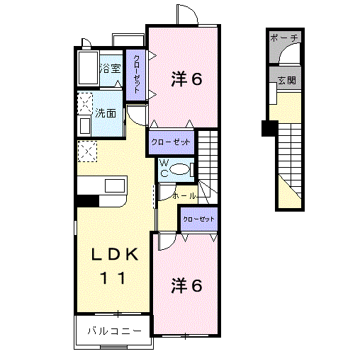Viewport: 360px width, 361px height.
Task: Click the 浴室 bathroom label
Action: pyautogui.click(x=111, y=69)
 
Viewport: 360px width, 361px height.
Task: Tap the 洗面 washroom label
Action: pyautogui.click(x=106, y=113)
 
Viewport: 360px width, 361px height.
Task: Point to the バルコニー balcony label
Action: pyautogui.click(x=114, y=331)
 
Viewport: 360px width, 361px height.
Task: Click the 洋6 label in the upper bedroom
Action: pyautogui.click(x=186, y=79)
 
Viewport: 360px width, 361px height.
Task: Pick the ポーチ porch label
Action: pyautogui.click(x=286, y=38)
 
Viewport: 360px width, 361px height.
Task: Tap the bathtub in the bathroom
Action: pyautogui.click(x=87, y=69)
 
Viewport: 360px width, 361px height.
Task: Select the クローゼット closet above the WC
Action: pyautogui.click(x=171, y=142)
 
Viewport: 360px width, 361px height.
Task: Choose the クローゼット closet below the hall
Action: pyautogui.click(x=198, y=219)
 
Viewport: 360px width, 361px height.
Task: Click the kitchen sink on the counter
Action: pyautogui.click(x=114, y=185)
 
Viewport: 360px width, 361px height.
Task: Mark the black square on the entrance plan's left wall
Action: pyautogui.click(x=268, y=128)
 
